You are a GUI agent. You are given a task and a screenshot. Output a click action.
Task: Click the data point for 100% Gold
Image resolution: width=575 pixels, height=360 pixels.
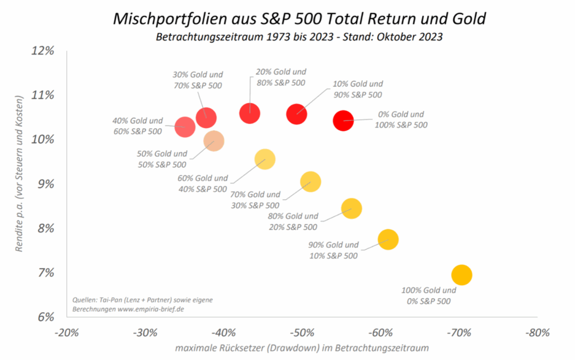pos(461,275)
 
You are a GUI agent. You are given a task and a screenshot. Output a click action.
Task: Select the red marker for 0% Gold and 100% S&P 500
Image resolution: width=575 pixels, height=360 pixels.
pos(343,120)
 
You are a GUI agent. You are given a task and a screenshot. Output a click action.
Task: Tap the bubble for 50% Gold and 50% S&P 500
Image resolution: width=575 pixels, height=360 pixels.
pos(213,140)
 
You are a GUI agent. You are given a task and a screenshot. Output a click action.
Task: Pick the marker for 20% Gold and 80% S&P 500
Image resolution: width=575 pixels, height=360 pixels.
pos(249,113)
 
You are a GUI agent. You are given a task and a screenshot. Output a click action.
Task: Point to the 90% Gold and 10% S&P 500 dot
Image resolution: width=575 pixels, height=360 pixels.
pos(388,239)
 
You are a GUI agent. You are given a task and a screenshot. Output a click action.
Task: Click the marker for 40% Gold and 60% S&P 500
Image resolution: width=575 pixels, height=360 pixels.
pos(185,127)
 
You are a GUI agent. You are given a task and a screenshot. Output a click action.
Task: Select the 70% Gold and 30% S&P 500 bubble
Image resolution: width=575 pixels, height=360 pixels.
pos(310,181)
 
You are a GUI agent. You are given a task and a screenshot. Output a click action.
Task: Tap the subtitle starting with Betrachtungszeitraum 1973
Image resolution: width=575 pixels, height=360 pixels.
pos(298,38)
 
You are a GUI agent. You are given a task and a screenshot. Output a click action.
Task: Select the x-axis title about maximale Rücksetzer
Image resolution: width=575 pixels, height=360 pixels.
pos(302,349)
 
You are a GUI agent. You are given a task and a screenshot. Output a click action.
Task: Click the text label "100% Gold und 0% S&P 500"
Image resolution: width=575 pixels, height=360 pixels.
pos(428,295)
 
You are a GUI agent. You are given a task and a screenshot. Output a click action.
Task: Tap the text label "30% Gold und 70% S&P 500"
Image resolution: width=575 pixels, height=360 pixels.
pos(197,80)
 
